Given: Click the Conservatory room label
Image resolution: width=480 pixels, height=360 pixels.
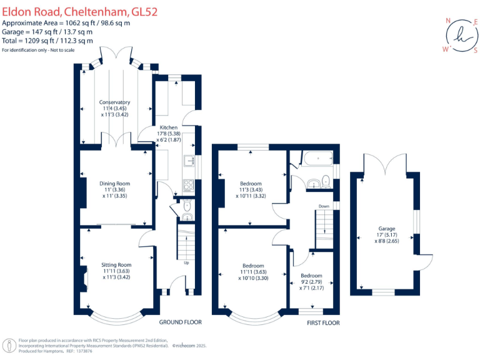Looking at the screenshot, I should click(x=114, y=102).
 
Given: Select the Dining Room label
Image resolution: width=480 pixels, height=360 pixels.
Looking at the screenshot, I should click(x=115, y=184).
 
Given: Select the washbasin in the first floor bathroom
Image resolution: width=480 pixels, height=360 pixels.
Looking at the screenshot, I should click(x=312, y=183).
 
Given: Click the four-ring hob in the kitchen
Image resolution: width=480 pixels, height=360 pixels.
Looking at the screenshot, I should click(x=188, y=185).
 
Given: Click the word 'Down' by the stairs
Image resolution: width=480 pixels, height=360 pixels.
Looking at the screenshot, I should click(x=324, y=206).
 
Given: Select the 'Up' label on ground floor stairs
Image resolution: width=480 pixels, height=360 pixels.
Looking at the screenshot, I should click(x=186, y=262).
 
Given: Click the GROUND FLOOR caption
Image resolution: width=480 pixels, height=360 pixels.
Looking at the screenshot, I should click(x=180, y=322).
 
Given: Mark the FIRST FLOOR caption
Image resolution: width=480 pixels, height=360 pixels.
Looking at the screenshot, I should click(x=323, y=322).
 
